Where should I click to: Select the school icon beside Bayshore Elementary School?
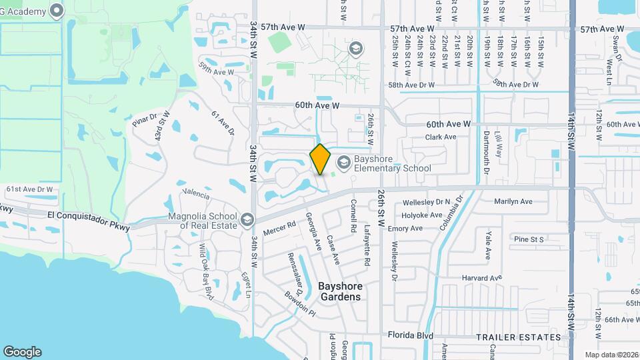coord(343,162)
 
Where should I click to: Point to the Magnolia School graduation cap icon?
coord(247,219)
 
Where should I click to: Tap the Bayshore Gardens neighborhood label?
coord(339,291)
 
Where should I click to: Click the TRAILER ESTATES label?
coord(519,337)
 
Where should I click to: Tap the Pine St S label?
coord(529,239)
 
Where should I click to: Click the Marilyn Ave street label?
coord(513,201)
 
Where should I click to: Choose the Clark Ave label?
coord(441,137)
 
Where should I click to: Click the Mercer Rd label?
coord(279,229)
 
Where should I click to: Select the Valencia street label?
coord(193,194)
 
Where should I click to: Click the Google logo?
coord(22,351)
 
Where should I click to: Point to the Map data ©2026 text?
coord(611,355)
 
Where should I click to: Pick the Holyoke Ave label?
coord(422,215)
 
